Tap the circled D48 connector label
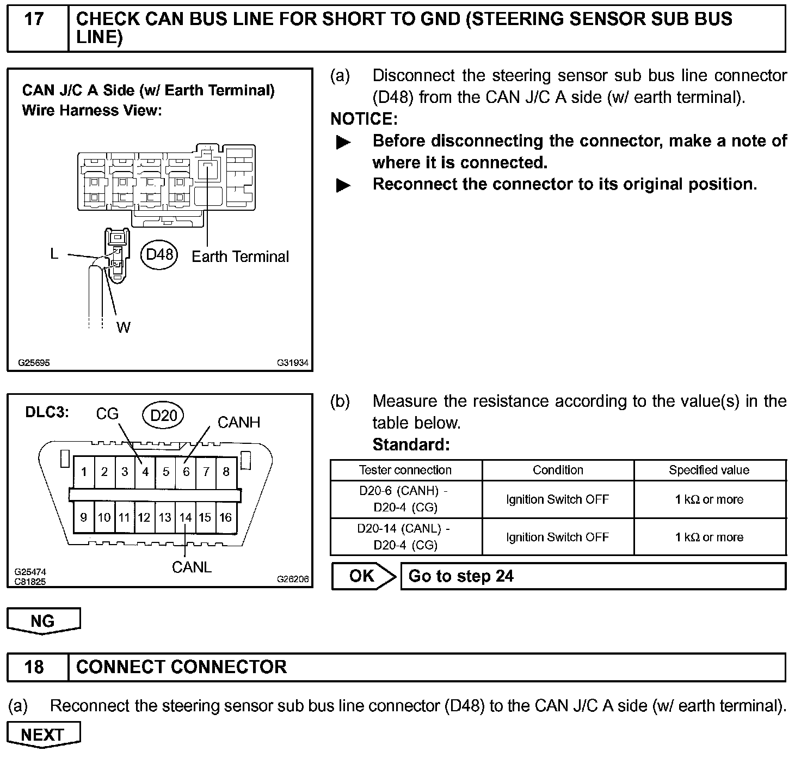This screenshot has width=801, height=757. [159, 254]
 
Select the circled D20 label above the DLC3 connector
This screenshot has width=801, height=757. [163, 416]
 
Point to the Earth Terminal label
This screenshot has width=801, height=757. [240, 257]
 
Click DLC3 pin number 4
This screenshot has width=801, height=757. [145, 472]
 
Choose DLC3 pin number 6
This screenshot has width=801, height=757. [186, 472]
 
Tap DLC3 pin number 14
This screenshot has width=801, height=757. [186, 517]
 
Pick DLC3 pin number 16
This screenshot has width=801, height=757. [226, 517]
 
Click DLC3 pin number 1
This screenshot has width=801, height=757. [84, 472]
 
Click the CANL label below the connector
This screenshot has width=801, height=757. [192, 567]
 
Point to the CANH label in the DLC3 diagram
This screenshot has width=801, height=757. [239, 422]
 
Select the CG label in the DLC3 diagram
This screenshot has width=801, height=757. [107, 414]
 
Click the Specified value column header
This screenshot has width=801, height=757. [709, 470]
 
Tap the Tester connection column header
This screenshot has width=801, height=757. [405, 470]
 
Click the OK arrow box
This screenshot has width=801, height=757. [363, 576]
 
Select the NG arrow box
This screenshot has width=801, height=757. [43, 621]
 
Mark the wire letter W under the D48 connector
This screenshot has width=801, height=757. [124, 327]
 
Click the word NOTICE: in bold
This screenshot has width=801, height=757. [364, 119]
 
